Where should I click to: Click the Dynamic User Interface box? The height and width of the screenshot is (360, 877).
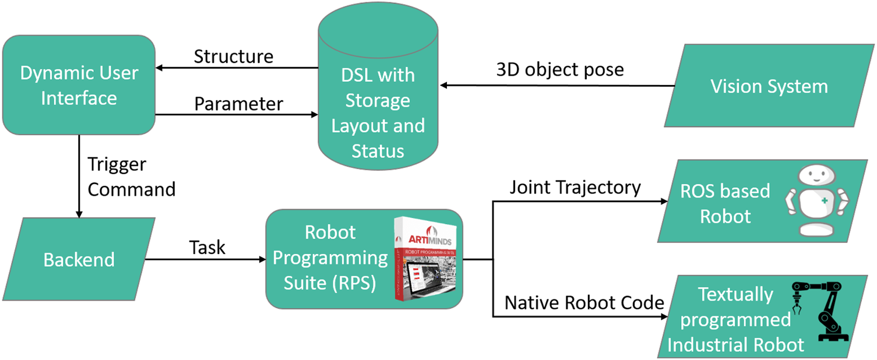tap(78, 86)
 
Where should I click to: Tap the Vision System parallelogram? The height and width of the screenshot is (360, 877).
tap(769, 87)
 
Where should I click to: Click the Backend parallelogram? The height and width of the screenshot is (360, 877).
tap(78, 259)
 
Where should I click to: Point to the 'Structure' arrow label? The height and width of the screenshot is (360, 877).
tap(233, 57)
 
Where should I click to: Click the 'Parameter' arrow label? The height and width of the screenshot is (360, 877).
tap(238, 104)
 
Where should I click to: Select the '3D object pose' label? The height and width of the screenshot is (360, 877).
tap(559, 70)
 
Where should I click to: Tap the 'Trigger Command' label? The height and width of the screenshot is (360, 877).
tap(131, 177)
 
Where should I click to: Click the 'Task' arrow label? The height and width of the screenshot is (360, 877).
tap(207, 248)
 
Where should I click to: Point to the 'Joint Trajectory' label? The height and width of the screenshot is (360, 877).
tap(575, 188)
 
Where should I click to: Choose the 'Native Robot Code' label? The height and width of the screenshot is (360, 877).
tap(584, 302)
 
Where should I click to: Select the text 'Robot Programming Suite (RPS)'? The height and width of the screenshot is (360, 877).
tap(330, 257)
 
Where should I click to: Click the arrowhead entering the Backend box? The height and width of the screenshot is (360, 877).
tap(78, 214)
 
